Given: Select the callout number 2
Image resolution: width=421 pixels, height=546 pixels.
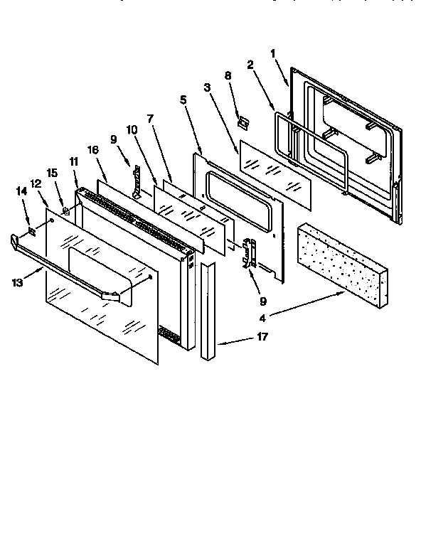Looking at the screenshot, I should [x=250, y=65].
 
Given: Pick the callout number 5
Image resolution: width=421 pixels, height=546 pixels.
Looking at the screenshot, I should [x=183, y=100].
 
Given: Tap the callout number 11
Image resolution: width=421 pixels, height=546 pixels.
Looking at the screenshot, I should [x=73, y=162].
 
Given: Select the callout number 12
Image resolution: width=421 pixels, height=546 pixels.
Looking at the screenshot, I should [x=36, y=184].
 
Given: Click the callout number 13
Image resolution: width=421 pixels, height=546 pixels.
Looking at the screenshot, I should [x=16, y=283].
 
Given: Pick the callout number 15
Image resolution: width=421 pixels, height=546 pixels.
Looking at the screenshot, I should [x=51, y=173].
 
